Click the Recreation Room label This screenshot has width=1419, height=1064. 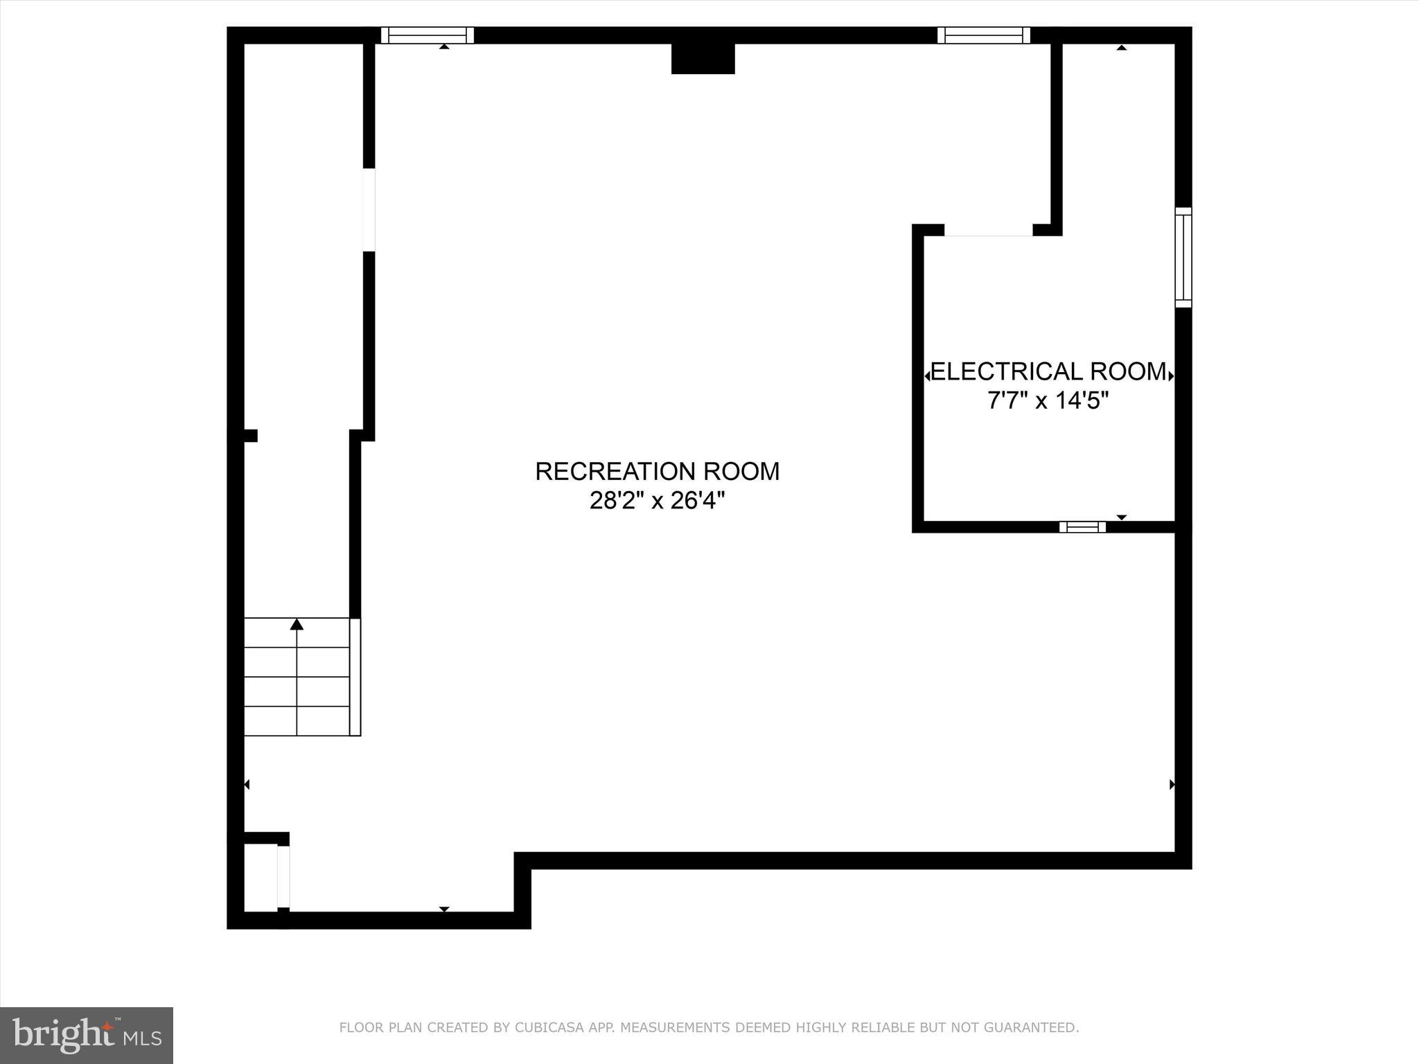point(657,472)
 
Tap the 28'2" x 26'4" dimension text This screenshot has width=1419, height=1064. point(657,501)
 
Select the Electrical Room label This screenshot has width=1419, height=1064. point(1048,372)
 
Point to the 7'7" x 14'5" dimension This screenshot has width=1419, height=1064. point(1048,401)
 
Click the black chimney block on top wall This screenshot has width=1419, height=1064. point(703,58)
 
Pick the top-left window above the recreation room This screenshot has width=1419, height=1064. point(428,35)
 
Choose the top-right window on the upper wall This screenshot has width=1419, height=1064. point(984,35)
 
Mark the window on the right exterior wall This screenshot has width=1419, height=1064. point(1183,257)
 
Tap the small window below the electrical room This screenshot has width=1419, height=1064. point(1082,527)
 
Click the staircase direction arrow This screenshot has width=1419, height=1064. point(297,625)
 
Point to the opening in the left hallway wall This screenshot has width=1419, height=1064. point(369,209)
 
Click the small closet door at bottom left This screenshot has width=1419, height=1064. point(283,876)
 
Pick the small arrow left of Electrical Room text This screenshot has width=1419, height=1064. point(928,376)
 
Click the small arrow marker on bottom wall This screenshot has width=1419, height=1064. point(444,909)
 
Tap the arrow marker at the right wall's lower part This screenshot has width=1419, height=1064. point(1172,785)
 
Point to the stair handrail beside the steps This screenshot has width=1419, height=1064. point(355,677)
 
